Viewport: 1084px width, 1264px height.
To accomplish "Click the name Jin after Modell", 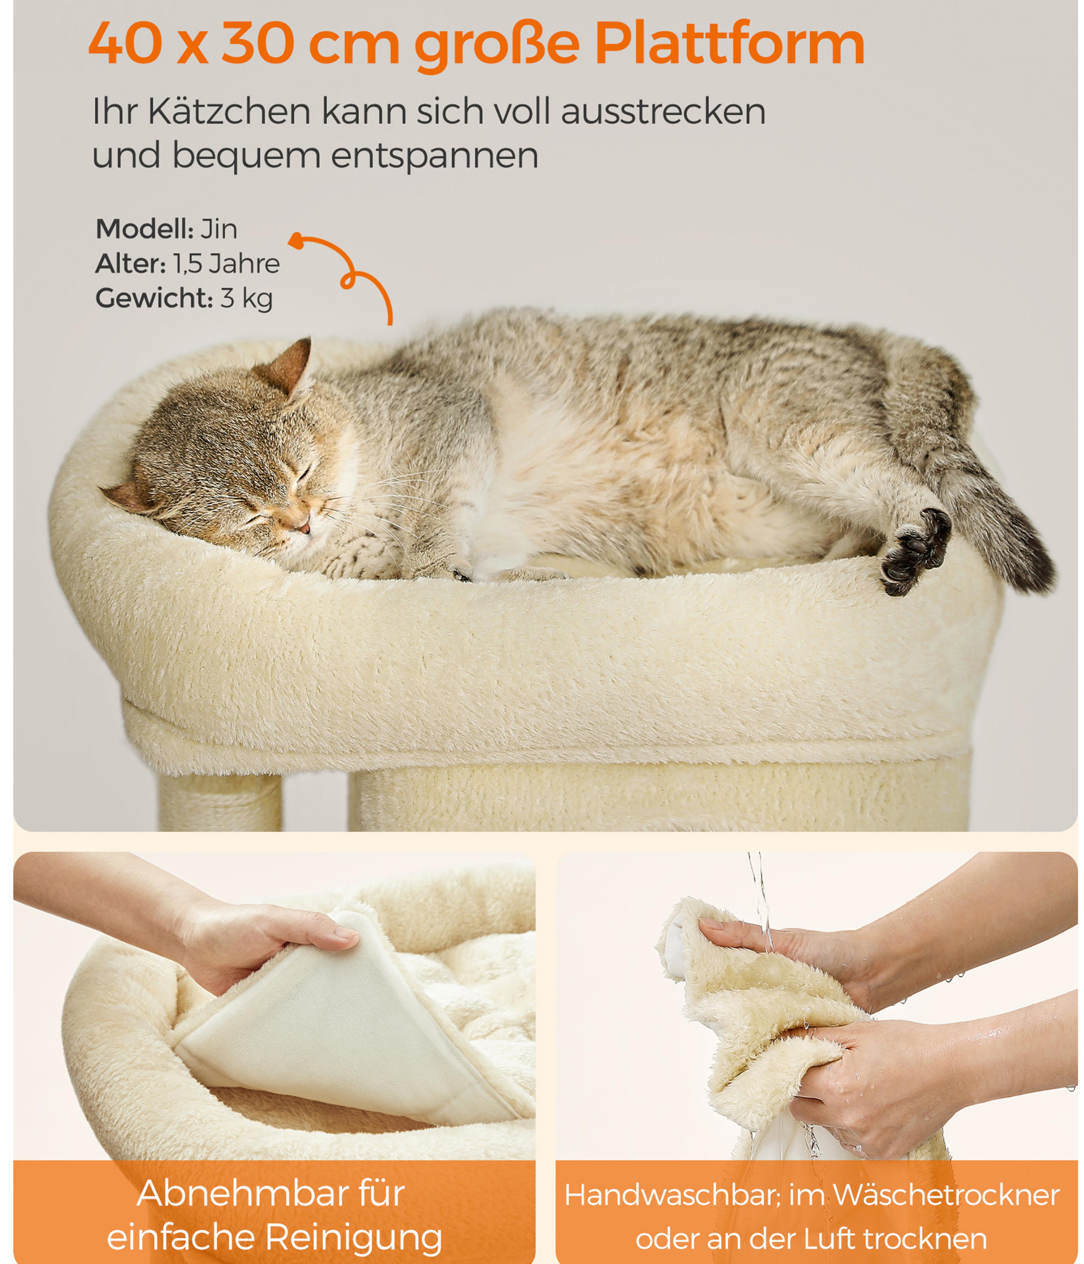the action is tap(218, 229).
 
